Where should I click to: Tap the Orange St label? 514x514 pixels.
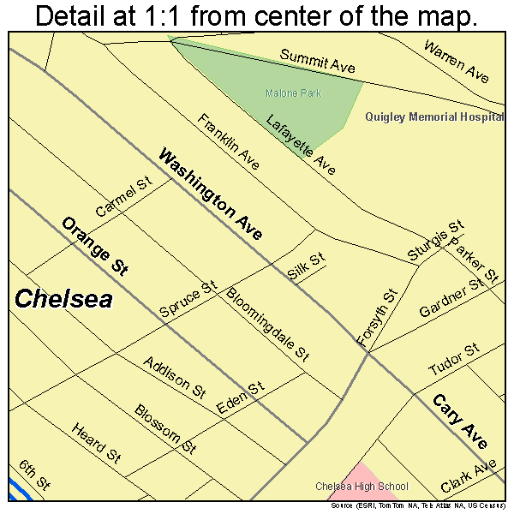tap(94, 246)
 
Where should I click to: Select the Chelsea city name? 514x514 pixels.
tap(63, 299)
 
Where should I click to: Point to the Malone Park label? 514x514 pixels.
tap(292, 93)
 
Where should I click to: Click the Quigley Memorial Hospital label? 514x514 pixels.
tap(433, 117)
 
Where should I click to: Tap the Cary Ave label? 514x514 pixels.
tap(459, 421)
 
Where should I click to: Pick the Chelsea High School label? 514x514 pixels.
tap(362, 487)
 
